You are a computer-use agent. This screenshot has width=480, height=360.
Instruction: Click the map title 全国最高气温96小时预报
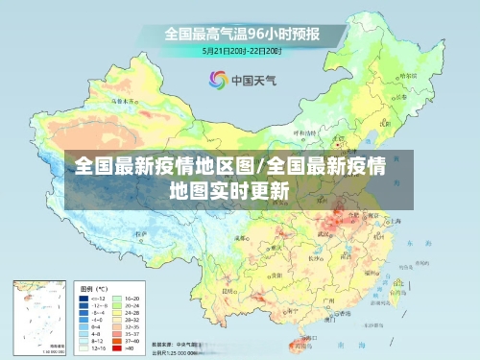point(241,33)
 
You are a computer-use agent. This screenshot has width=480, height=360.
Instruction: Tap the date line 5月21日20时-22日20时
point(241,50)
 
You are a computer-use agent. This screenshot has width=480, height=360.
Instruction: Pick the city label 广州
point(329,300)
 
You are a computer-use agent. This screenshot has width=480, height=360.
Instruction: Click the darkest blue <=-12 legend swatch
point(85,299)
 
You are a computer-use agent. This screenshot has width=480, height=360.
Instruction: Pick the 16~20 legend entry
point(132,299)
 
